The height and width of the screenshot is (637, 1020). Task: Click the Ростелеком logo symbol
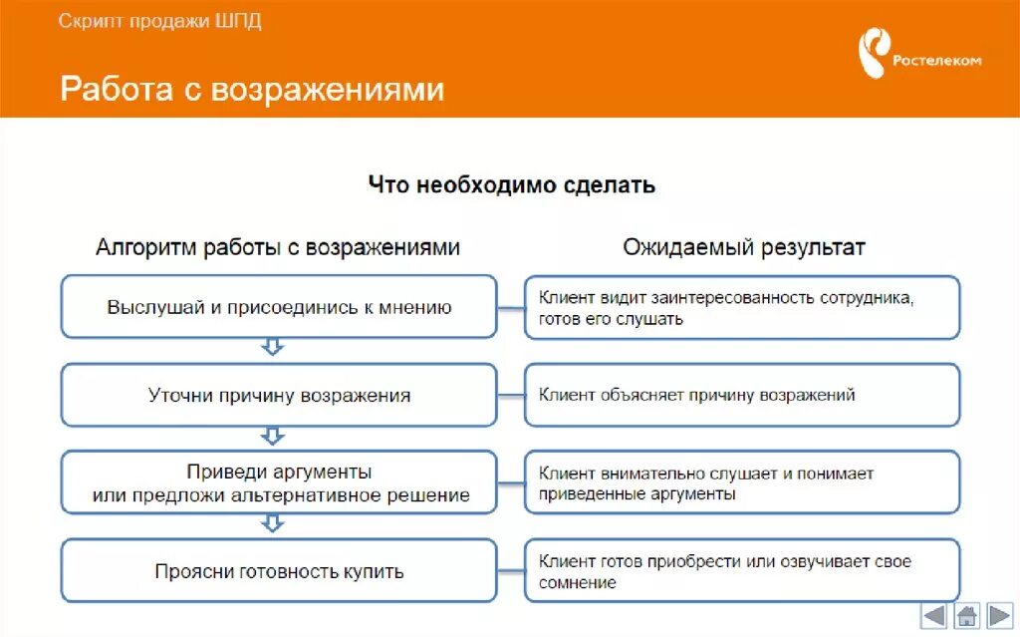[876, 56]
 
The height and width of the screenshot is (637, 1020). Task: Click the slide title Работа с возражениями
[252, 89]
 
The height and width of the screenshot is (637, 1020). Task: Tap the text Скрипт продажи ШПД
[159, 21]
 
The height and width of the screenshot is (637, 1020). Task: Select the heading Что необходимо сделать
[511, 184]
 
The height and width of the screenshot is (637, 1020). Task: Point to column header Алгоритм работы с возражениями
[278, 247]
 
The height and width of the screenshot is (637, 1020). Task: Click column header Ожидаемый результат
[744, 247]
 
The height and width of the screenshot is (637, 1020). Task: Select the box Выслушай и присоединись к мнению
[279, 307]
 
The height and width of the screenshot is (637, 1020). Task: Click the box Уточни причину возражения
[279, 396]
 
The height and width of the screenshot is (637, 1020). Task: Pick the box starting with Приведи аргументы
[279, 482]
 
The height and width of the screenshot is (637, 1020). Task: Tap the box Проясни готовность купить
[279, 571]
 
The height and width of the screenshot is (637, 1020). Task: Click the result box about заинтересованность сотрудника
[742, 307]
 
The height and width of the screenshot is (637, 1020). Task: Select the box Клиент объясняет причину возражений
[742, 396]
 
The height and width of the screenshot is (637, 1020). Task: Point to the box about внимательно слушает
[742, 482]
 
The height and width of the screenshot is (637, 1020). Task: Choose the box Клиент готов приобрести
[742, 571]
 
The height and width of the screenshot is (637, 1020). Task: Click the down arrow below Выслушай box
[272, 348]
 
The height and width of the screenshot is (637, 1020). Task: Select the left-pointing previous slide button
[934, 615]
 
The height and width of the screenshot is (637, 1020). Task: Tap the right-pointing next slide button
[999, 615]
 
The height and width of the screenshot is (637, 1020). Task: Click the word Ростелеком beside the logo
[936, 60]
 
